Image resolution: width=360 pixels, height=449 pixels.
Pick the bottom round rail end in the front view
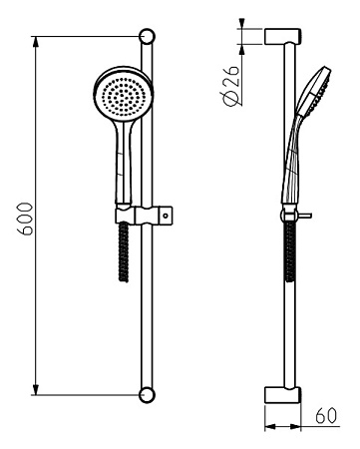149,393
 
